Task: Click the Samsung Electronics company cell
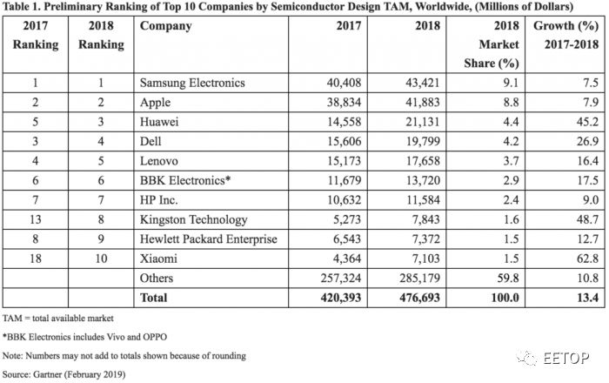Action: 192,84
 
